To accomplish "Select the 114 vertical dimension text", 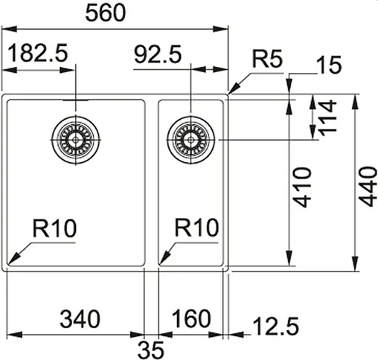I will point(324,118).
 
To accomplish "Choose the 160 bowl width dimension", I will point(193,320).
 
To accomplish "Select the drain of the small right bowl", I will point(191,138).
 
